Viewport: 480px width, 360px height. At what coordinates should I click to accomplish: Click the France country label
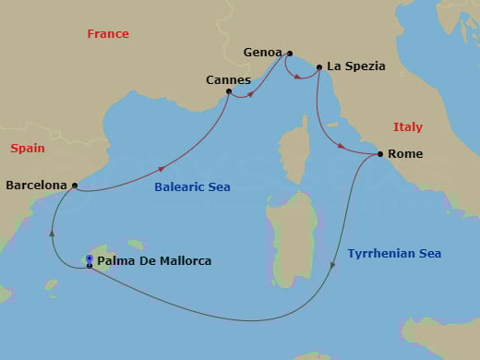[x=107, y=34]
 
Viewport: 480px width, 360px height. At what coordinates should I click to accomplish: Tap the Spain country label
[x=28, y=148]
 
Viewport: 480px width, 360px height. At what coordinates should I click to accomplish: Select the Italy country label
[x=407, y=127]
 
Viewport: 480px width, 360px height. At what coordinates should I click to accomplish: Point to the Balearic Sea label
[x=193, y=187]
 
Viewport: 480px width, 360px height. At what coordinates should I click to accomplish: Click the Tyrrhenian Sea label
[x=394, y=253]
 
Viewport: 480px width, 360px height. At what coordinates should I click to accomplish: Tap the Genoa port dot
[x=290, y=54]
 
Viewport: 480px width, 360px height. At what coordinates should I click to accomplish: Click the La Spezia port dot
[x=319, y=67]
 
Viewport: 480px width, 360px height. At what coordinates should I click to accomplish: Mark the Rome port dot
[x=380, y=154]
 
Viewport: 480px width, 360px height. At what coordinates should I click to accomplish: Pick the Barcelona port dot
[x=74, y=186]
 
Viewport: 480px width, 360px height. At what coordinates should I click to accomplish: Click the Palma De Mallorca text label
[x=154, y=261]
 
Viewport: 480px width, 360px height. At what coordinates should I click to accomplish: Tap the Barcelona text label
[x=37, y=186]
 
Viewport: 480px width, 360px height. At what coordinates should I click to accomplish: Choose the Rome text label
[x=406, y=154]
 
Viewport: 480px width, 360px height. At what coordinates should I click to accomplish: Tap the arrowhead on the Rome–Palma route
[x=330, y=266]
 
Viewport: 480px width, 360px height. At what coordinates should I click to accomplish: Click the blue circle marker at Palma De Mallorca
[x=90, y=258]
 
